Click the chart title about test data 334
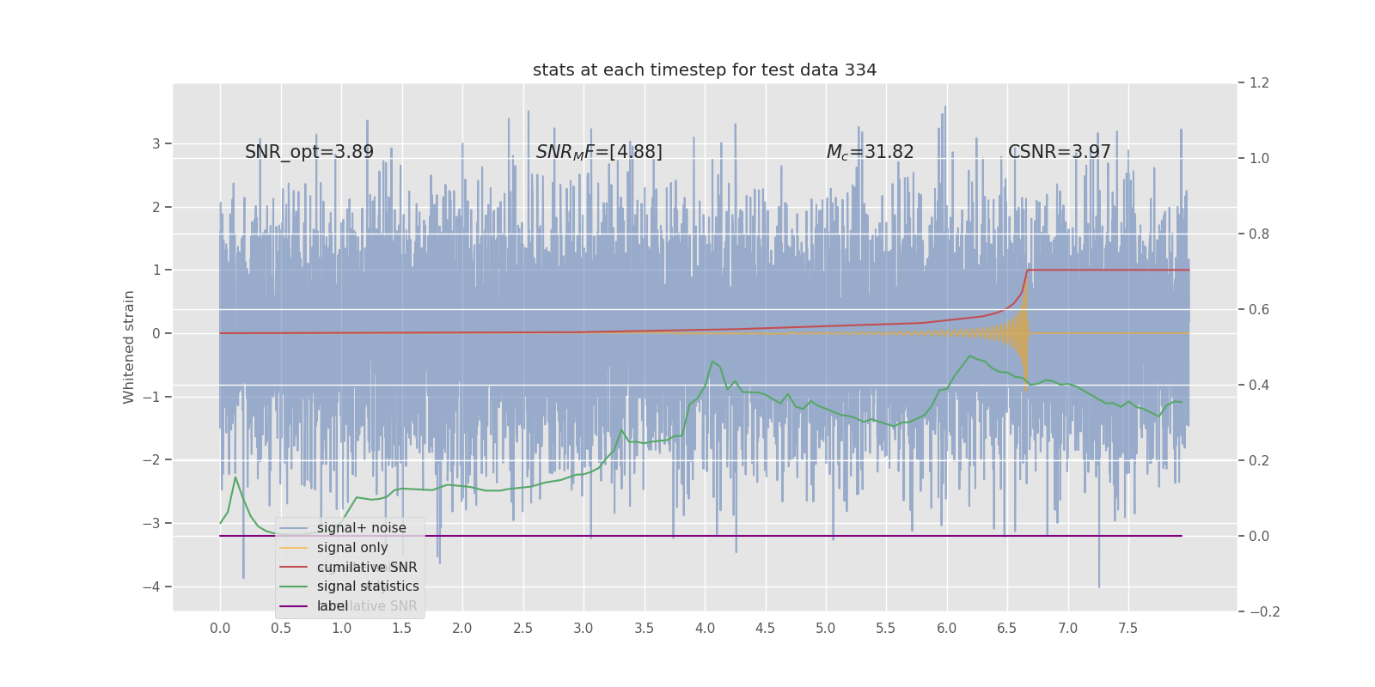pos(705,70)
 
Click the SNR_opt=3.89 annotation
pos(309,152)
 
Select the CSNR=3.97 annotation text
pos(1059,152)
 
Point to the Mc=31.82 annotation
pos(870,152)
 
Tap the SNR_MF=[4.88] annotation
pos(599,152)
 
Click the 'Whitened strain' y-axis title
pos(129,347)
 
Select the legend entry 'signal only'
pos(352,548)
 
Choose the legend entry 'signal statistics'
pos(368,587)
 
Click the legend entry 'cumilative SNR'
pos(367,568)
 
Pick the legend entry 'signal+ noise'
pos(361,528)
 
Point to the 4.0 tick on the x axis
pos(705,628)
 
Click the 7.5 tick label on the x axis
pos(1127,628)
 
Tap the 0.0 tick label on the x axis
pos(220,628)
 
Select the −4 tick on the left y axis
pos(156,587)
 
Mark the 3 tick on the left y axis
pos(156,143)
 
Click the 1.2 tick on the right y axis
pos(1258,83)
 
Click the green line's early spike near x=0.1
pos(235,477)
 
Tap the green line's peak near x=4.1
pos(712,362)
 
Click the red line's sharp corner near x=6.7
pos(1028,271)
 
